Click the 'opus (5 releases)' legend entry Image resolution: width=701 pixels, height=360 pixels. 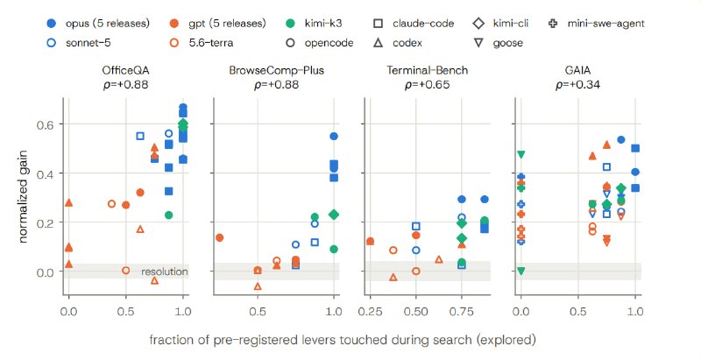click(x=98, y=24)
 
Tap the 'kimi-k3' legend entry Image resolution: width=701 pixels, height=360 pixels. click(x=313, y=24)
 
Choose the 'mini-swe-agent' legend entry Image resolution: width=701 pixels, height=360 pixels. click(x=597, y=24)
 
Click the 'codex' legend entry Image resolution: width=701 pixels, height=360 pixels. click(x=398, y=43)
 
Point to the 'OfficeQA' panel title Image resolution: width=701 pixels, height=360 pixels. click(x=125, y=71)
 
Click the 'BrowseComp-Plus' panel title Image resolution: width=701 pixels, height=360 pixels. click(x=276, y=71)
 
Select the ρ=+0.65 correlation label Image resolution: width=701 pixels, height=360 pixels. click(x=427, y=84)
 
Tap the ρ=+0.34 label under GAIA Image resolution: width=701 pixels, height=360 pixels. click(x=577, y=84)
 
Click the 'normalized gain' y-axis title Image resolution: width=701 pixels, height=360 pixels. click(x=23, y=196)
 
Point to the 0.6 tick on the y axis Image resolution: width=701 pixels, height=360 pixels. click(x=46, y=124)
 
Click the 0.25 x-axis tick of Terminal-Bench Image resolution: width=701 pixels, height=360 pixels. click(x=370, y=311)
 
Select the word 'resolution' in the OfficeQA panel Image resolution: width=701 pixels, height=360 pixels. click(x=165, y=272)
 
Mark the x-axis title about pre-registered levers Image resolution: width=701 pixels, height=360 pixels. click(x=343, y=341)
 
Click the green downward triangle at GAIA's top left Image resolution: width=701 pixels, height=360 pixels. click(x=520, y=154)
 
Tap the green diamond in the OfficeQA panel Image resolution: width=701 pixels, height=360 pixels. click(x=183, y=124)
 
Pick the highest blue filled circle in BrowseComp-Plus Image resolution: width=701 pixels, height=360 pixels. click(x=334, y=137)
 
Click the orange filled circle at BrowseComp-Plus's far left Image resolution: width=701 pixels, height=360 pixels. click(x=220, y=237)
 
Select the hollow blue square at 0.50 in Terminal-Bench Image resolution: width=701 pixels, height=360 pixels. click(x=415, y=227)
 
